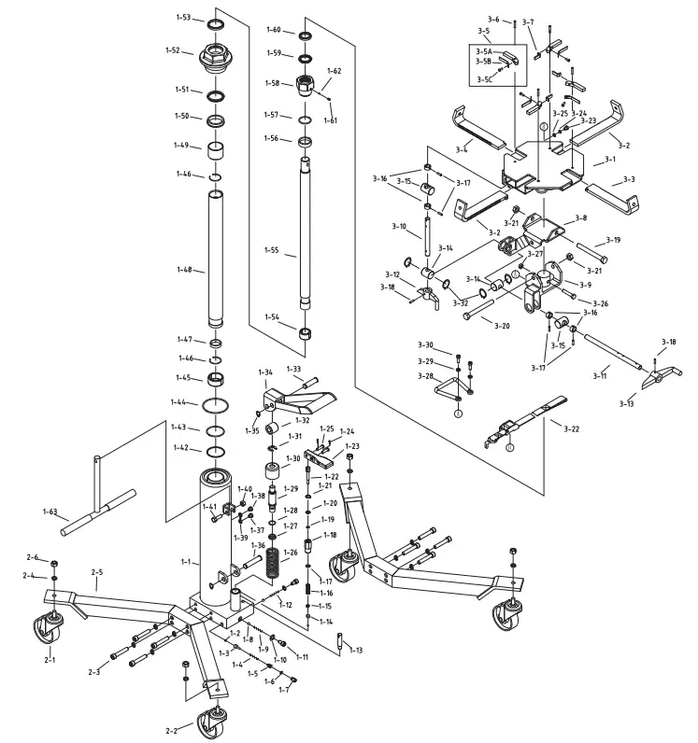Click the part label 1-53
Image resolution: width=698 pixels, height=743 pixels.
(x=183, y=18)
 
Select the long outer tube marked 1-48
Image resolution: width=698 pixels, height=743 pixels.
(x=216, y=257)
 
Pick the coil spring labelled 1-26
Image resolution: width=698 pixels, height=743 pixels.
(x=274, y=565)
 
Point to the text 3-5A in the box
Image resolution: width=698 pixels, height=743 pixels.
(x=484, y=52)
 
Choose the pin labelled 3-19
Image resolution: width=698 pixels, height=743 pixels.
(x=586, y=250)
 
